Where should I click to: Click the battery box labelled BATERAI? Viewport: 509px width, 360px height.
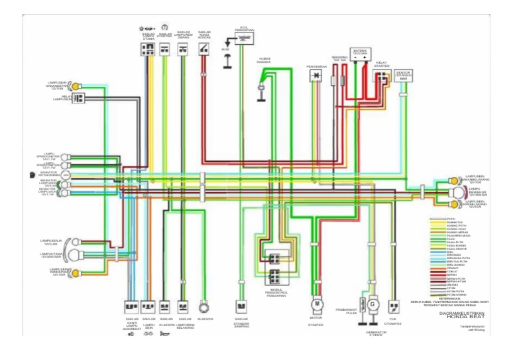361,57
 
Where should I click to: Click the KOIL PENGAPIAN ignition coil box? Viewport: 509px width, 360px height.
245,39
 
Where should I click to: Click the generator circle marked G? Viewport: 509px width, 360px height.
373,304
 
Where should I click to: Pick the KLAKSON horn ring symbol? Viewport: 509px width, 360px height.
204,307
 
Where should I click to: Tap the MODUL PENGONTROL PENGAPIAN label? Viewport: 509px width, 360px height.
274,293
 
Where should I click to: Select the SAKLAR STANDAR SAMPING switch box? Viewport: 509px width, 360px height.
241,307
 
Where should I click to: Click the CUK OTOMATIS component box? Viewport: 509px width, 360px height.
393,307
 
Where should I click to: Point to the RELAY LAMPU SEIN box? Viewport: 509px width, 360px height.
78,98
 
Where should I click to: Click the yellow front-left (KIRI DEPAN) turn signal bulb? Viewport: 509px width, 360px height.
76,272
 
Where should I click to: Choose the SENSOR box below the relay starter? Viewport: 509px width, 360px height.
402,76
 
